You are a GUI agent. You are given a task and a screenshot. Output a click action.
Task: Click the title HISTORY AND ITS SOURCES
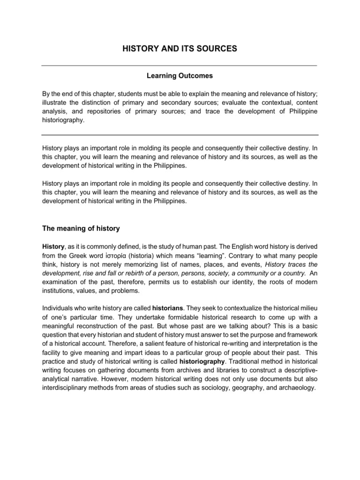(180, 49)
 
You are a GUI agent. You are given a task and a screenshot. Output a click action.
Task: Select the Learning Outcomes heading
(180, 75)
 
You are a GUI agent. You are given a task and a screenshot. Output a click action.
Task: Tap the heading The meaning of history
(81, 229)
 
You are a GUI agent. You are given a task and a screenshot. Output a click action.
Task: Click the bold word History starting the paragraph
(53, 247)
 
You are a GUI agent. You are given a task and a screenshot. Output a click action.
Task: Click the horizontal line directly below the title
(180, 66)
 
